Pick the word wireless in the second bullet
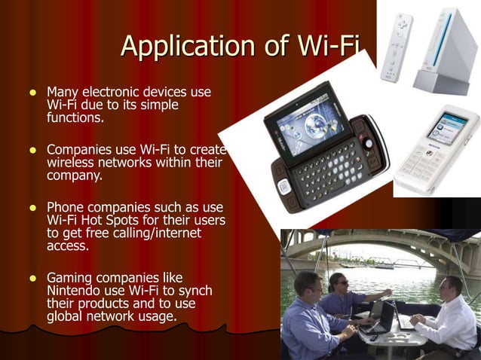(72, 162)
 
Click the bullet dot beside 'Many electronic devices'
(32, 93)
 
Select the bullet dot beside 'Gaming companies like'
(32, 278)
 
